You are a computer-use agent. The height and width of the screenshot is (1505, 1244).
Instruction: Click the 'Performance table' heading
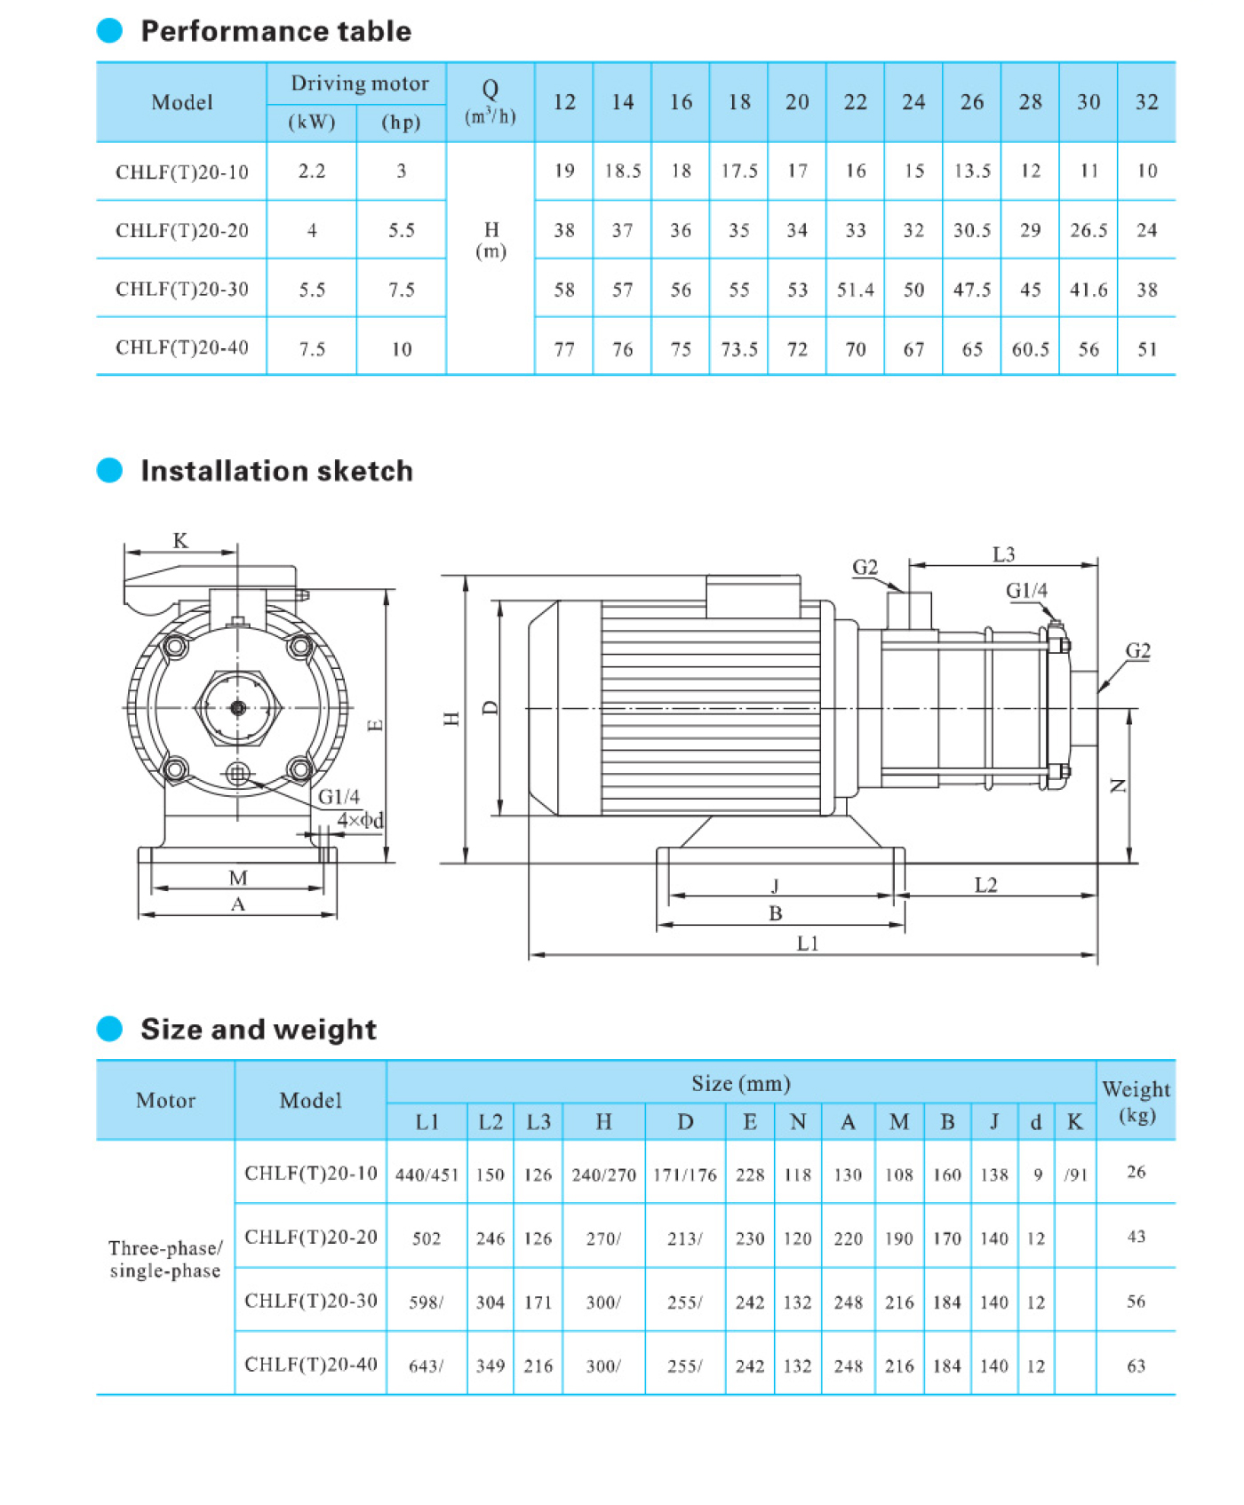(x=275, y=31)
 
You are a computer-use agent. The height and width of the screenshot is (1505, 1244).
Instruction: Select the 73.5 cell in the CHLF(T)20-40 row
(x=738, y=349)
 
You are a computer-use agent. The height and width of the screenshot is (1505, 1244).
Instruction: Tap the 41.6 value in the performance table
(x=1088, y=290)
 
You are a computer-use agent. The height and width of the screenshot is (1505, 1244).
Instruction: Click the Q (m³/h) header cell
(x=490, y=102)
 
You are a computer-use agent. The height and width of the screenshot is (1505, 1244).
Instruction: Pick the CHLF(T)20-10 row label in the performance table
(x=182, y=172)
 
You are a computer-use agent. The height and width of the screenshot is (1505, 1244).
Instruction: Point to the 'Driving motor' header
(x=359, y=84)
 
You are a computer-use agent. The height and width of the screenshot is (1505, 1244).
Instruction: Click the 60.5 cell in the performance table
(x=1030, y=349)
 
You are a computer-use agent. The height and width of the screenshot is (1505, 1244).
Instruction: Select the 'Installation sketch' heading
(x=276, y=471)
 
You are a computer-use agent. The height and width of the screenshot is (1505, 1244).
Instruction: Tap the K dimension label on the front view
(x=180, y=540)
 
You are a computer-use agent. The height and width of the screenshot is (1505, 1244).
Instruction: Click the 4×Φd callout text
(x=360, y=820)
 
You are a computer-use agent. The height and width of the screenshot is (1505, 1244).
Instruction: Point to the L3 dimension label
(x=1003, y=554)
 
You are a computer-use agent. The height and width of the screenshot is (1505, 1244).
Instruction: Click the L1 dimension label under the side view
(x=807, y=943)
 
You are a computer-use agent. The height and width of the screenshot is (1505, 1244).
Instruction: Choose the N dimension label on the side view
(x=1118, y=785)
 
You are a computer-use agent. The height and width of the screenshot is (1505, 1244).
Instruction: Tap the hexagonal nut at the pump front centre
(x=237, y=708)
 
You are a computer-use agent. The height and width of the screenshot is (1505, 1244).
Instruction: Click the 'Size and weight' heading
(x=258, y=1029)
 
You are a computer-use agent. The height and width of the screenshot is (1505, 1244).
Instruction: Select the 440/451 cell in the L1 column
(x=427, y=1175)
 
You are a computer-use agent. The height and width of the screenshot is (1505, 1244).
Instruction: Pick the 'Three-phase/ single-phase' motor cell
(x=165, y=1259)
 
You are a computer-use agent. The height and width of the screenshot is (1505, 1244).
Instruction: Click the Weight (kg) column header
(x=1136, y=1101)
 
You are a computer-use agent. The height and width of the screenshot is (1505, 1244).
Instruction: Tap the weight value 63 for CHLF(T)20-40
(x=1136, y=1366)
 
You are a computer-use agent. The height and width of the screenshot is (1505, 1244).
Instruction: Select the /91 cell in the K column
(x=1075, y=1175)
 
